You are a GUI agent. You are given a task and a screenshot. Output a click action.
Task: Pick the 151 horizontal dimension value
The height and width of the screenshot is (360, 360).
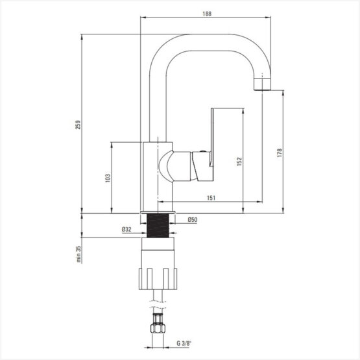coord(211,198)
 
